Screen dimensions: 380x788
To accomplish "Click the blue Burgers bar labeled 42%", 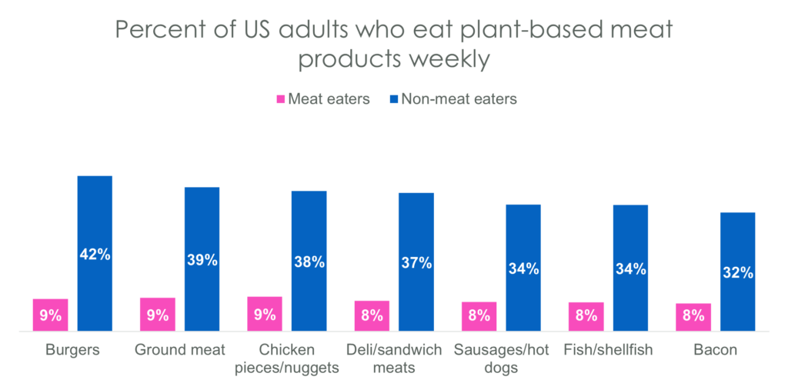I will pyautogui.click(x=95, y=253).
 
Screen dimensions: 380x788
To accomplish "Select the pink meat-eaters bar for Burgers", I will pyautogui.click(x=51, y=315).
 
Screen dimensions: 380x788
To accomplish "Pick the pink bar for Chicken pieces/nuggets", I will pyautogui.click(x=265, y=314).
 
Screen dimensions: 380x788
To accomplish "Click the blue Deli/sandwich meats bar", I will pyautogui.click(x=416, y=262).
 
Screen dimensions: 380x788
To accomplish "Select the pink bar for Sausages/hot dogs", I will pyautogui.click(x=479, y=316).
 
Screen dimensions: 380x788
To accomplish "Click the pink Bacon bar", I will pyautogui.click(x=693, y=317).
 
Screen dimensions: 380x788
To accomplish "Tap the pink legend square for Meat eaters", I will pyautogui.click(x=281, y=99).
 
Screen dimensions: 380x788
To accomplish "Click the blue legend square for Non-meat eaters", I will pyautogui.click(x=394, y=99).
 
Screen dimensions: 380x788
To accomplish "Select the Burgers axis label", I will pyautogui.click(x=72, y=350).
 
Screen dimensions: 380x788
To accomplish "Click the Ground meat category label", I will pyautogui.click(x=180, y=350).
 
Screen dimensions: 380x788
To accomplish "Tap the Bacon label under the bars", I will pyautogui.click(x=716, y=350).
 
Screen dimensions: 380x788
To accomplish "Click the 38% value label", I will pyautogui.click(x=309, y=262).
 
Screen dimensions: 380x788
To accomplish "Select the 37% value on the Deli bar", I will pyautogui.click(x=416, y=263).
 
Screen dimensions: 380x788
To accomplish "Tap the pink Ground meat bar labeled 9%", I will pyautogui.click(x=158, y=314).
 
